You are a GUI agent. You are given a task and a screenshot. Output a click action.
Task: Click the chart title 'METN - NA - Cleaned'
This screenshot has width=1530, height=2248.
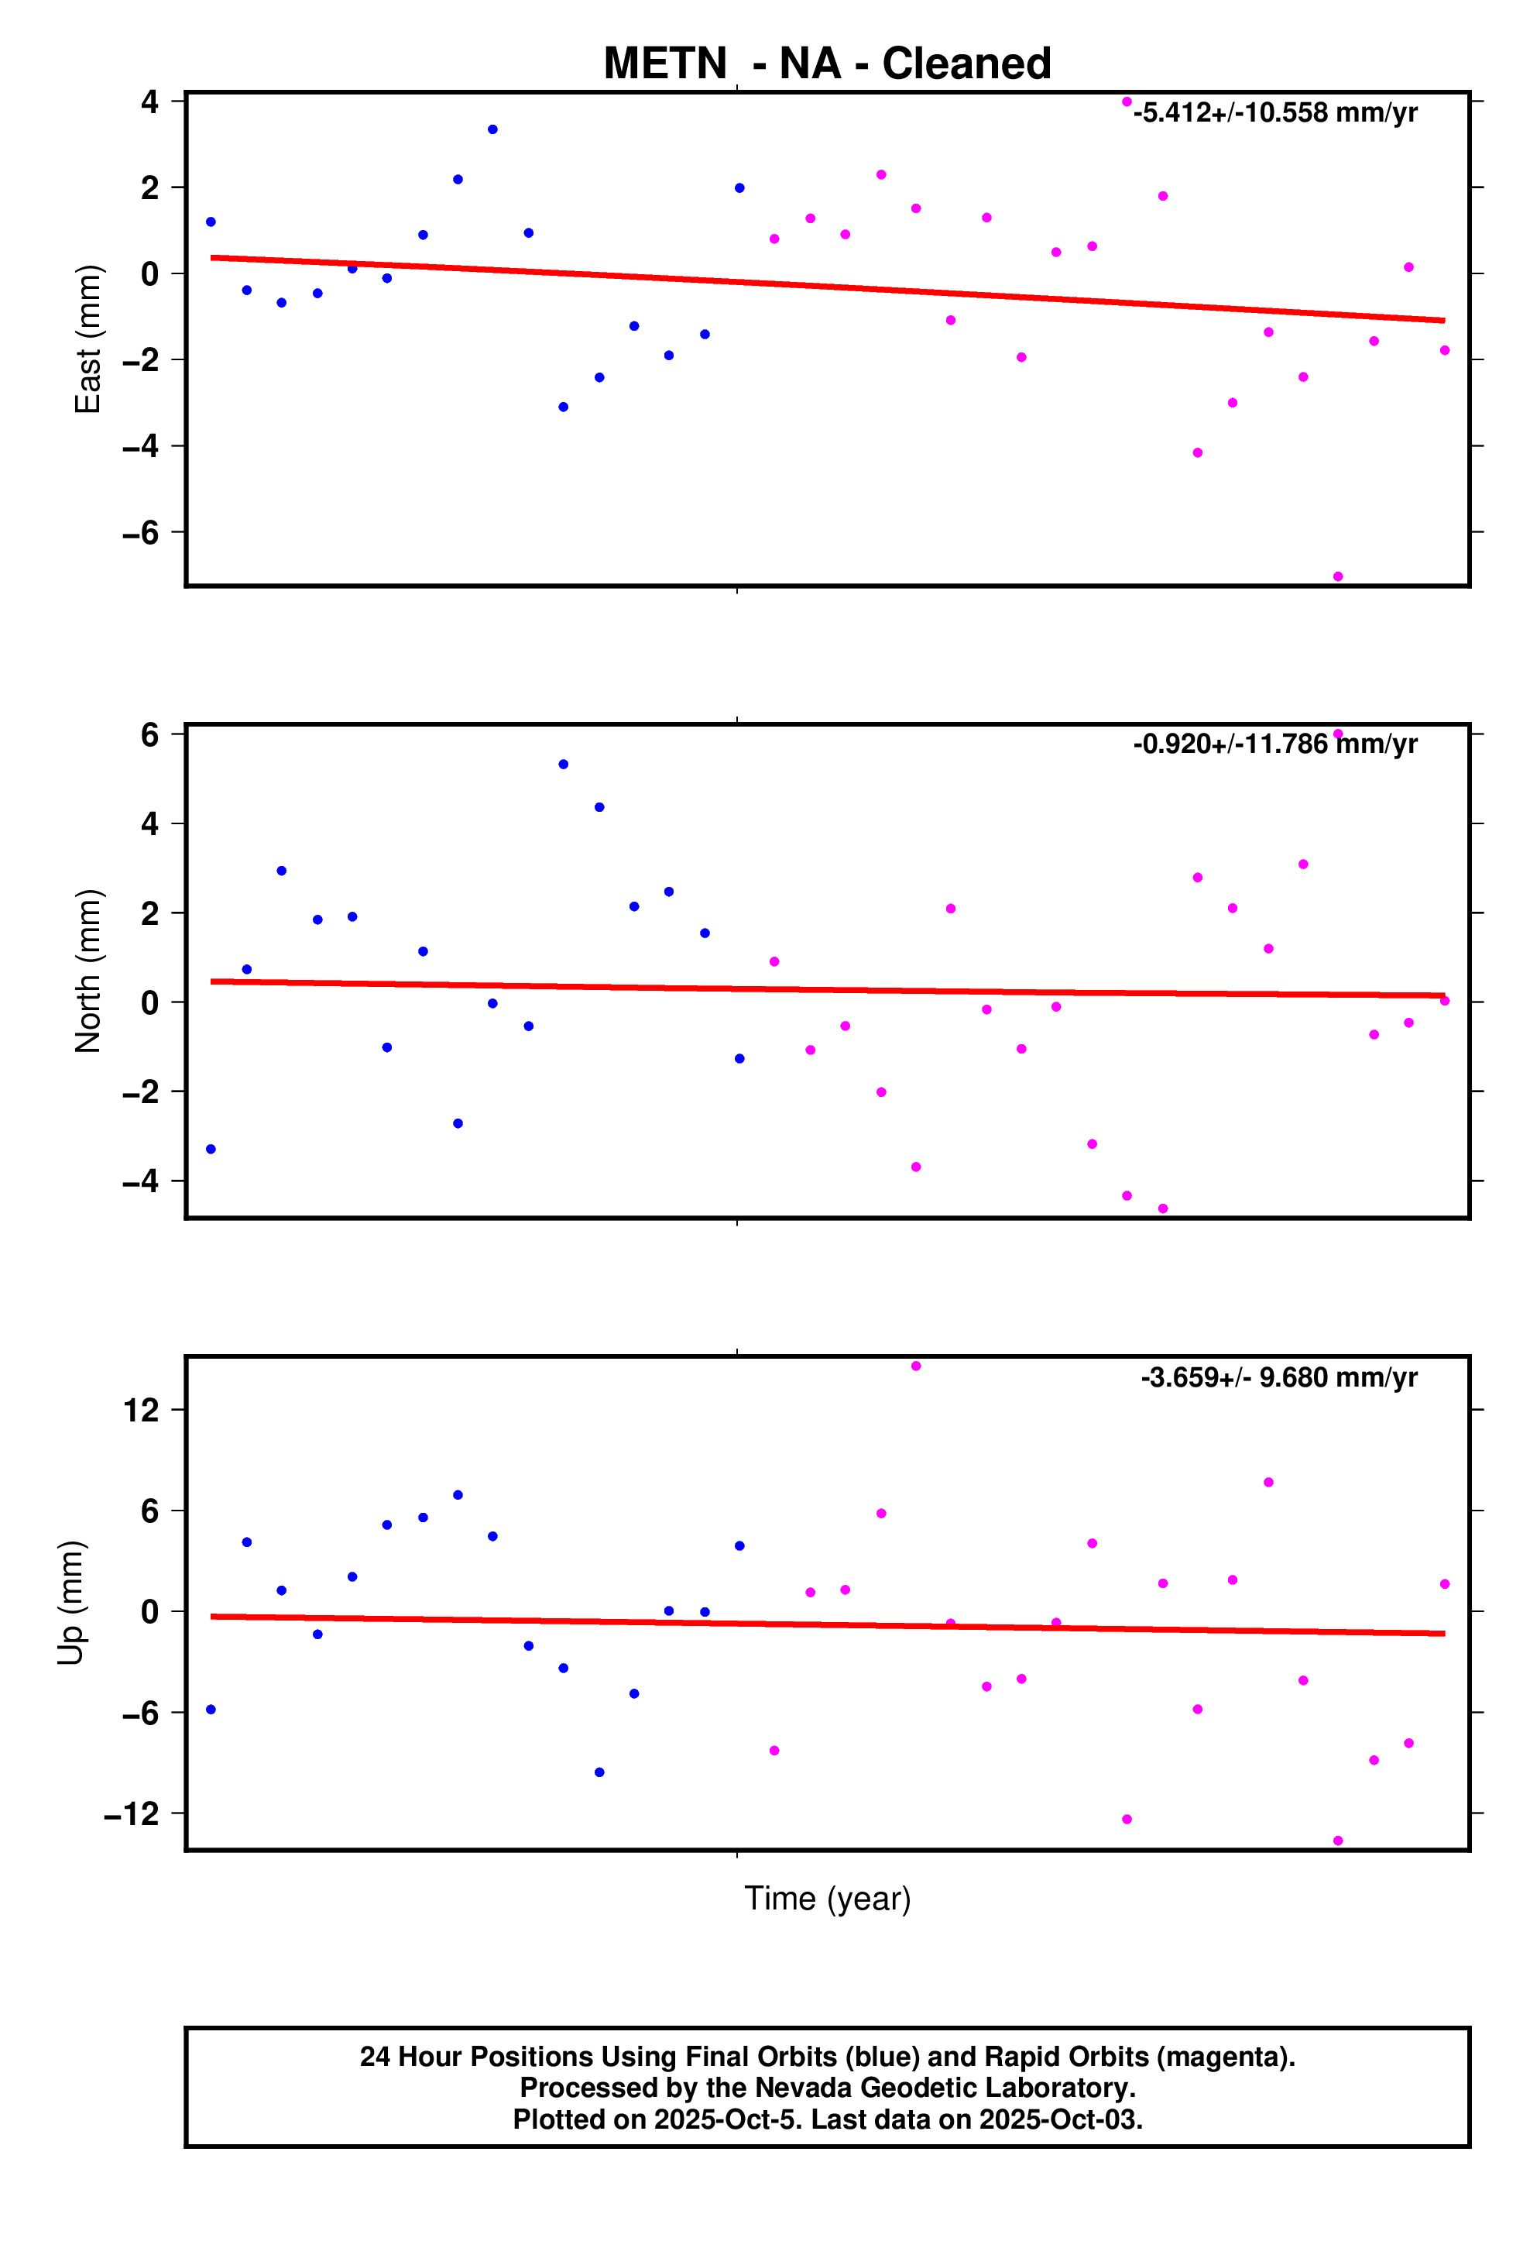pyautogui.click(x=827, y=64)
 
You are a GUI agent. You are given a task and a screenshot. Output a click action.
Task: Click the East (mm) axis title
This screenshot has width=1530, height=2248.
pyautogui.click(x=88, y=339)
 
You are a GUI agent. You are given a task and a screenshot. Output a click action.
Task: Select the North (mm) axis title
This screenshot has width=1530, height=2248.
pyautogui.click(x=88, y=970)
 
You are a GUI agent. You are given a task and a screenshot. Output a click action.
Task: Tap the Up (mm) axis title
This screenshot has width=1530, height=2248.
pyautogui.click(x=70, y=1602)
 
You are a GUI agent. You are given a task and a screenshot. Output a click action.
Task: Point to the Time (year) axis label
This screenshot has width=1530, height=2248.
pyautogui.click(x=827, y=1898)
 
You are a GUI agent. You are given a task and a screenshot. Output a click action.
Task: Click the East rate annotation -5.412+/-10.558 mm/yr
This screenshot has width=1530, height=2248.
pyautogui.click(x=1274, y=113)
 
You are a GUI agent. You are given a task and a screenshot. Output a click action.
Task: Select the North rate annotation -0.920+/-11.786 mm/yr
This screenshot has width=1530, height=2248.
pyautogui.click(x=1274, y=744)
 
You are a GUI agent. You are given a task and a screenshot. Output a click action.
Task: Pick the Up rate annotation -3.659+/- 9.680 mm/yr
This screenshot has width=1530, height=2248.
pyautogui.click(x=1278, y=1377)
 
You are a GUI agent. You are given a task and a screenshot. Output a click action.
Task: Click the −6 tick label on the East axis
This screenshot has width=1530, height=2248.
pyautogui.click(x=140, y=532)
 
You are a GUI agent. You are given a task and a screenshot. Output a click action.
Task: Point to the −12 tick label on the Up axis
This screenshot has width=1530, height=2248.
pyautogui.click(x=132, y=1813)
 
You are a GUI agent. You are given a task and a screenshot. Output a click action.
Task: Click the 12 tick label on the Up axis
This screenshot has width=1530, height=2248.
pyautogui.click(x=140, y=1411)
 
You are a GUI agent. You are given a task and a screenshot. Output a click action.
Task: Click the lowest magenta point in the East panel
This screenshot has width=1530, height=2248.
pyautogui.click(x=1337, y=576)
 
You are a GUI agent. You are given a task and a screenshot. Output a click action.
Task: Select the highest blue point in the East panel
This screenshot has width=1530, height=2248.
pyautogui.click(x=492, y=129)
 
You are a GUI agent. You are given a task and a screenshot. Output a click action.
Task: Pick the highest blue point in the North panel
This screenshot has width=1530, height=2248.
pyautogui.click(x=563, y=764)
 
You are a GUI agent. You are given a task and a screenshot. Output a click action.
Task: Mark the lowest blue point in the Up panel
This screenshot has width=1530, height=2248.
pyautogui.click(x=599, y=1772)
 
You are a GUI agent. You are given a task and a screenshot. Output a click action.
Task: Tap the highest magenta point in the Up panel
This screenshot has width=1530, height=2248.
pyautogui.click(x=916, y=1366)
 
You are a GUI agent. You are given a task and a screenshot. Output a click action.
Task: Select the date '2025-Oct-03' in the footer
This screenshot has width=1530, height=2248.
pyautogui.click(x=1060, y=2119)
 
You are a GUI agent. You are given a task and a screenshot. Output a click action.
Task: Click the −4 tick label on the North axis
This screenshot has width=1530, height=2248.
pyautogui.click(x=140, y=1181)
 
